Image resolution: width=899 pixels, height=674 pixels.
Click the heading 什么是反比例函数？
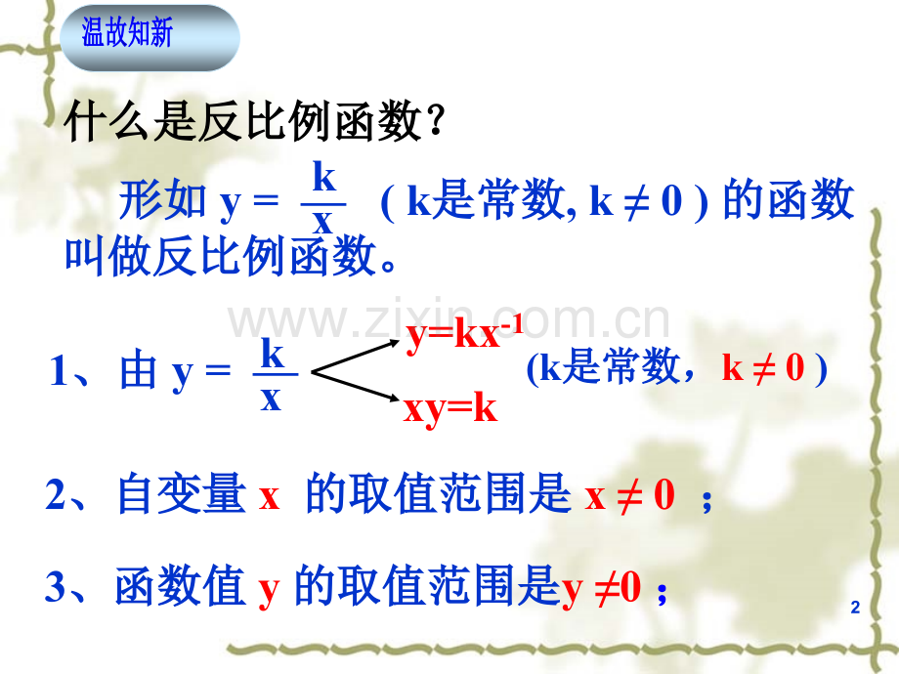click(255, 124)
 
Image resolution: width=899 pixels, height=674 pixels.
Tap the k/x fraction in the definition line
click(323, 200)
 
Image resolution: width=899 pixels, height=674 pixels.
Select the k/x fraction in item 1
click(272, 374)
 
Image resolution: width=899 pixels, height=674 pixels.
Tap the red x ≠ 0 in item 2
click(629, 497)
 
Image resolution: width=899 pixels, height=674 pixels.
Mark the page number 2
click(855, 609)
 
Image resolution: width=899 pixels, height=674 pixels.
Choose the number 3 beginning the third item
click(57, 589)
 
